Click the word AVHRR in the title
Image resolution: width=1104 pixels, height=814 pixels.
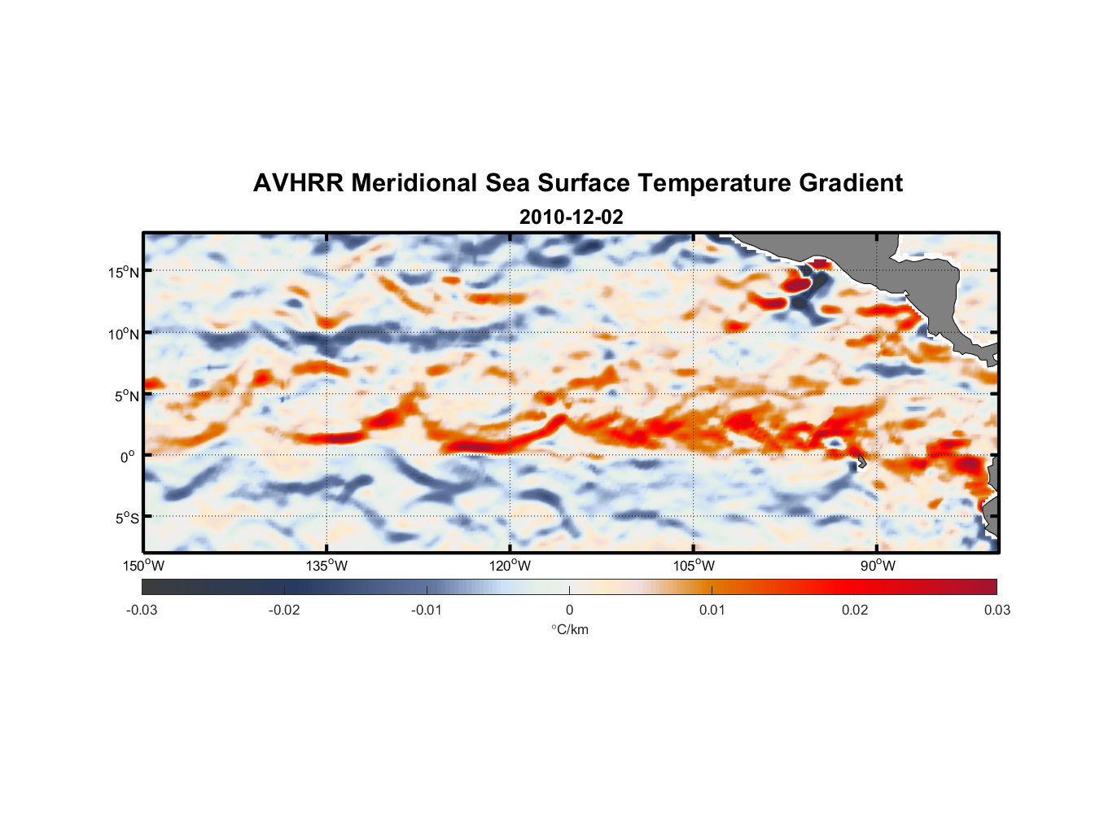298,183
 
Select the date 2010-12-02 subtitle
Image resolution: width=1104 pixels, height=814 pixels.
571,217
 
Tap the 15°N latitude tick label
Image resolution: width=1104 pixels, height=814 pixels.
124,272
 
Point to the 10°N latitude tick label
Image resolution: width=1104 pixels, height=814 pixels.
124,334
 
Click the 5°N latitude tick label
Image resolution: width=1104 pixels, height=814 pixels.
126,396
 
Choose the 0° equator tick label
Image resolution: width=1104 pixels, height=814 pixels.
128,457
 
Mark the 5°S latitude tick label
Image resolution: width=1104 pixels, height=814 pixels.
126,519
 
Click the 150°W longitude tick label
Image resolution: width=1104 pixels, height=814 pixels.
144,566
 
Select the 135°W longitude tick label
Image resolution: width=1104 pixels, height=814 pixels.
327,566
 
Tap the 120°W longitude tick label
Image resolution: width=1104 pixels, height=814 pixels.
510,566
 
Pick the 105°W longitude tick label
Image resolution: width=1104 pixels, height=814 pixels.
694,566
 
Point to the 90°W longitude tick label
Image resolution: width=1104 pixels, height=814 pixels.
878,566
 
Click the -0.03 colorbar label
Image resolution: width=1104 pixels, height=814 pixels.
142,610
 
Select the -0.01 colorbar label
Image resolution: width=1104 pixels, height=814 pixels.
427,610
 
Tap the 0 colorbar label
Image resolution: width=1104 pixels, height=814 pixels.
569,610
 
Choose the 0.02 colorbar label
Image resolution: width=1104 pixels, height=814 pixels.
855,610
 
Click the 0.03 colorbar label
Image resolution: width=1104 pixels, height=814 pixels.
997,610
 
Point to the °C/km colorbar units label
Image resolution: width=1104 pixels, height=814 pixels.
569,629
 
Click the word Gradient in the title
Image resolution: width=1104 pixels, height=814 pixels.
851,183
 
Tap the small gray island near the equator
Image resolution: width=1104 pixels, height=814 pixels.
861,462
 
